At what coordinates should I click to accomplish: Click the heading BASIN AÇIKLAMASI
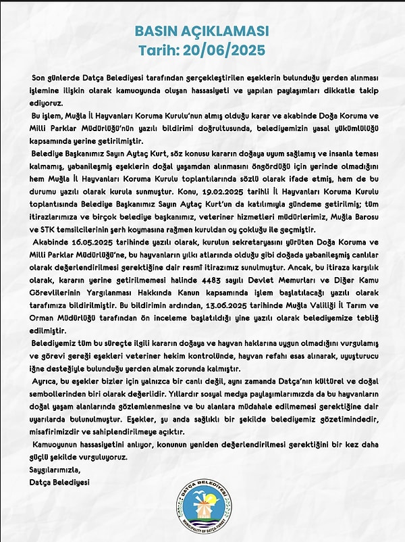click(x=202, y=31)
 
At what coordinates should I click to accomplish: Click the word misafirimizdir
click(x=62, y=433)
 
